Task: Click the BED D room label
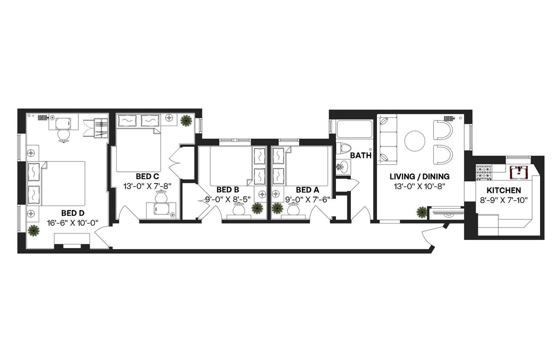(73, 213)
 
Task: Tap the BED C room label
(147, 177)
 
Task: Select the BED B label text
(228, 190)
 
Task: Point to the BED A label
(307, 190)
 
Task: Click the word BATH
(361, 155)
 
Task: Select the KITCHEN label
(503, 190)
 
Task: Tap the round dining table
(415, 140)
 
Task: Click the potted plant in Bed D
(34, 230)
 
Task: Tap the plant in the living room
(422, 212)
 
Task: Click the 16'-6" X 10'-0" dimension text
(73, 223)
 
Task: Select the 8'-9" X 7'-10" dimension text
(503, 200)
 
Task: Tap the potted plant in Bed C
(187, 120)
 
